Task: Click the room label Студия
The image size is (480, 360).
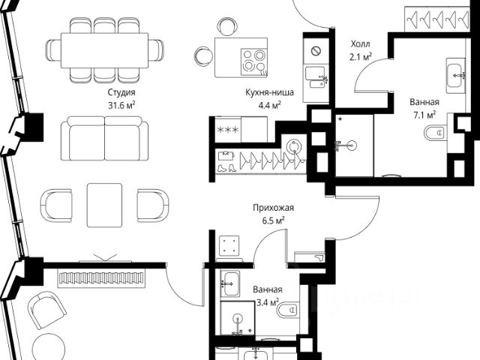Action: coord(121,92)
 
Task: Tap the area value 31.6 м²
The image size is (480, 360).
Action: coord(121,106)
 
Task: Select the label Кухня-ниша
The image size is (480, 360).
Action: coord(269,92)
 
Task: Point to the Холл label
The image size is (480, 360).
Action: coord(360,44)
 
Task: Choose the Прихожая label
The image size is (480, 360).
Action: coord(273,208)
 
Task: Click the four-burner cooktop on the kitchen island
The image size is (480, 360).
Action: coord(253,61)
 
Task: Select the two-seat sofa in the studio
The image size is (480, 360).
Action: coord(104,138)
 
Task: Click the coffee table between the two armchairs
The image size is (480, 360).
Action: coord(104,205)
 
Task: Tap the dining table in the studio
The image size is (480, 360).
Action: coord(104,50)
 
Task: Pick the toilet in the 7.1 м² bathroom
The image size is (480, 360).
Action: coord(434,133)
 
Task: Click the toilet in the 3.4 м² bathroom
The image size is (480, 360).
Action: coord(288,310)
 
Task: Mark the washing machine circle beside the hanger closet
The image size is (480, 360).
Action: coord(295,147)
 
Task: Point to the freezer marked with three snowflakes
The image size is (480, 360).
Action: coord(227,129)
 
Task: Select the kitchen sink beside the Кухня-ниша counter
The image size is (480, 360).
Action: coord(315,77)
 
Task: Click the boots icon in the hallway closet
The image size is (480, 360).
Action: coord(226,167)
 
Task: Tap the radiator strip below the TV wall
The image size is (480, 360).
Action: coord(101,278)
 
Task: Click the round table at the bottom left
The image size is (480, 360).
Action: coord(49,346)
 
